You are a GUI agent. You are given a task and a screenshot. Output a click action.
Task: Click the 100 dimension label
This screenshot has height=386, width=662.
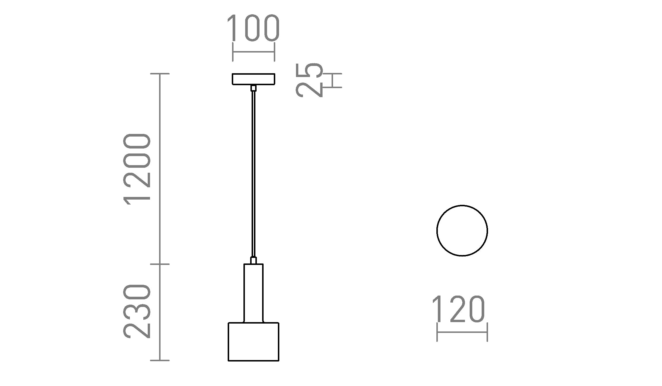253,28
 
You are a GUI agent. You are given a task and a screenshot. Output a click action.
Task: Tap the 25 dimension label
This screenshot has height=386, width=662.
309,80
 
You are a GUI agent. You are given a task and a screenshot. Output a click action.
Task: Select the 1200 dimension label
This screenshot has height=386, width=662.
137,169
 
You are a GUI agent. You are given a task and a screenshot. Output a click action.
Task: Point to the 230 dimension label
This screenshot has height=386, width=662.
137,311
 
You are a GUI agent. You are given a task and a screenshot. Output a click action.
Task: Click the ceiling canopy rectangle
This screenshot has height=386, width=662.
253,79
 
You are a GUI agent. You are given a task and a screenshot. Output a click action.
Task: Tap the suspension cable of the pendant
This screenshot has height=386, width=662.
253,175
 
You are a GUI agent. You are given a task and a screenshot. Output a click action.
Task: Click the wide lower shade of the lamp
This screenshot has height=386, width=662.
253,342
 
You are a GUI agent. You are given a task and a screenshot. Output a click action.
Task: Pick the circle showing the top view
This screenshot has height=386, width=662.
462,230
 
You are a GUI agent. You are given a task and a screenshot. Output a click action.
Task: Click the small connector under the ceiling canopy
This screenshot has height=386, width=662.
253,88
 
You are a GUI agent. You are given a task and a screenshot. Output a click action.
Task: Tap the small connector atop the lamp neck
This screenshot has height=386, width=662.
253,260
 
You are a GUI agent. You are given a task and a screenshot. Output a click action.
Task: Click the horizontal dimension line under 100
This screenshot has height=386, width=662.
253,52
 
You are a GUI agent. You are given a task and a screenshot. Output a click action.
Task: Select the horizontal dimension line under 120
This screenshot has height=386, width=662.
462,332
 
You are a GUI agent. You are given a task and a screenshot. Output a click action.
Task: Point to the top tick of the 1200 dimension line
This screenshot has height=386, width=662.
160,74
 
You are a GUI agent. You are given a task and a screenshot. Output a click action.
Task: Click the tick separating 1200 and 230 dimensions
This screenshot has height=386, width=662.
160,264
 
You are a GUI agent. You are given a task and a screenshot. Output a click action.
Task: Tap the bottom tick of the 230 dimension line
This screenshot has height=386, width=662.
160,360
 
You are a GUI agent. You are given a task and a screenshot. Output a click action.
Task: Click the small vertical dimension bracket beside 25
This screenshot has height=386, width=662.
333,80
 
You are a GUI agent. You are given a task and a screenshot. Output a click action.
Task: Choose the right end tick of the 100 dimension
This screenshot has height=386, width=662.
274,52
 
